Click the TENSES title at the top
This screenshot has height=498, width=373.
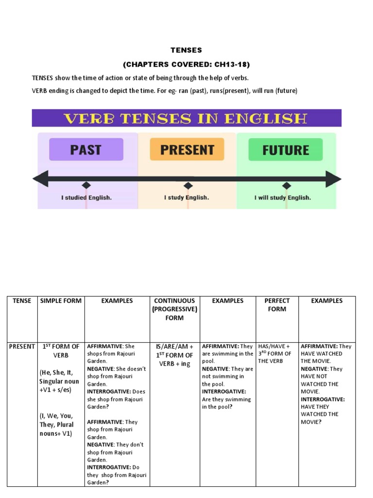186,50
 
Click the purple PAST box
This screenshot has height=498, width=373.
86,149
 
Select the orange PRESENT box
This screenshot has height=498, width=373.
187,149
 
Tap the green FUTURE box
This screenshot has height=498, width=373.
286,149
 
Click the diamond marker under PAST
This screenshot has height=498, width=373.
86,185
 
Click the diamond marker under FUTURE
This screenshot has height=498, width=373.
287,185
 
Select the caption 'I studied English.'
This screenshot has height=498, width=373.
86,197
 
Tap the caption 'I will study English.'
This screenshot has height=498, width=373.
283,197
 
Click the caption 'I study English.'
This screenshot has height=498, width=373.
186,197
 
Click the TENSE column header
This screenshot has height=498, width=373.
22,301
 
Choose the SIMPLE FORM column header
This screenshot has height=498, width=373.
61,301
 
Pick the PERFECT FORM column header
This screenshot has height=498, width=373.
277,304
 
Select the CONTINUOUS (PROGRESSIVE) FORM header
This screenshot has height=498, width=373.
174,309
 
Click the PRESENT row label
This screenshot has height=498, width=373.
22,346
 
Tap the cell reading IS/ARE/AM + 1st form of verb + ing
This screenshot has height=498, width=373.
174,355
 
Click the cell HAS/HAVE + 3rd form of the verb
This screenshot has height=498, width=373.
275,354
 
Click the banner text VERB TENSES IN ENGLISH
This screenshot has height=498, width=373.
186,118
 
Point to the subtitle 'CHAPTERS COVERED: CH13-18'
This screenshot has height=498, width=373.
186,64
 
